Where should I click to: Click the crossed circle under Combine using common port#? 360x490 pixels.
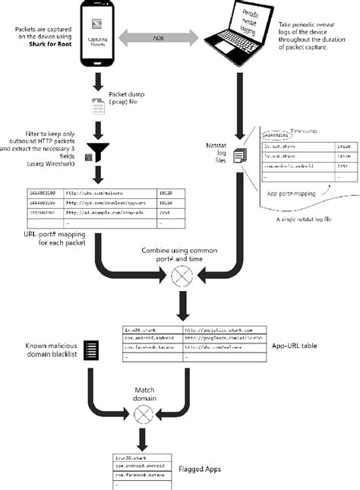(181, 277)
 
